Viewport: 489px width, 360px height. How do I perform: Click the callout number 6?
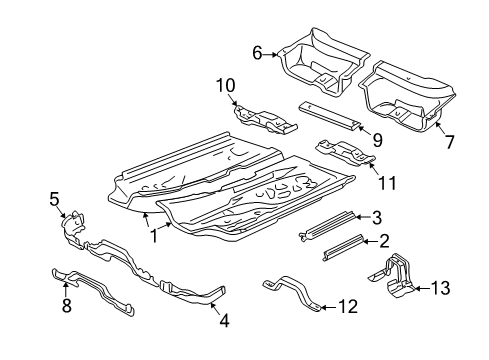pos(257,53)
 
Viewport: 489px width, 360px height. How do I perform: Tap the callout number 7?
pos(450,142)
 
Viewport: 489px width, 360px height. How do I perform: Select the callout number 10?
pos(226,85)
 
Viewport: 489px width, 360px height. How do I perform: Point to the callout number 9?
pos(377,140)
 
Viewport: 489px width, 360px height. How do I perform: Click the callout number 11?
pos(387,183)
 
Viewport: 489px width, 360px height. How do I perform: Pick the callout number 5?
pos(54,199)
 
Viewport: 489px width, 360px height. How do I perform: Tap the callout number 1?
pos(154,236)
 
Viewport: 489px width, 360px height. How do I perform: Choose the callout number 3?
pos(376,217)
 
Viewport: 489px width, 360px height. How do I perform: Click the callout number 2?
pos(384,241)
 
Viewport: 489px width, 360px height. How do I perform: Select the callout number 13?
pos(441,288)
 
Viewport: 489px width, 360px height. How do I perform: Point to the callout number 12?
pos(348,306)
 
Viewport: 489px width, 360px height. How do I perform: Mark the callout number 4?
pos(224,321)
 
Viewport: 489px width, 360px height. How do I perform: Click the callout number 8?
pos(67,305)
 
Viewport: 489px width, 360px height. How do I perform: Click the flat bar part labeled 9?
pos(329,116)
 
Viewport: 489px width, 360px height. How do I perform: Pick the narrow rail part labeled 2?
pos(342,247)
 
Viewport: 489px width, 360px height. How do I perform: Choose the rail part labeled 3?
pos(327,225)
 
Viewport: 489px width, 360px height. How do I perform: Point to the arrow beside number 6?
pos(270,54)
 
